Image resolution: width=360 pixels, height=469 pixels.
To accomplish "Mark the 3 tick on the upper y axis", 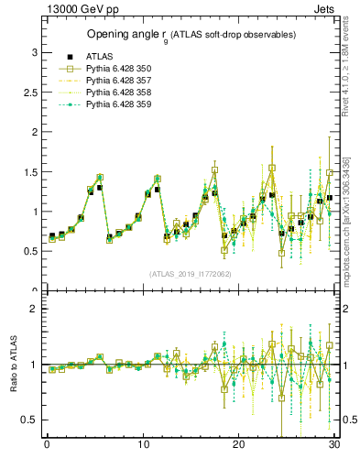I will (x=35, y=52).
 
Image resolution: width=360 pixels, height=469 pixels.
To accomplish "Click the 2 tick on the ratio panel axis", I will (x=35, y=309).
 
